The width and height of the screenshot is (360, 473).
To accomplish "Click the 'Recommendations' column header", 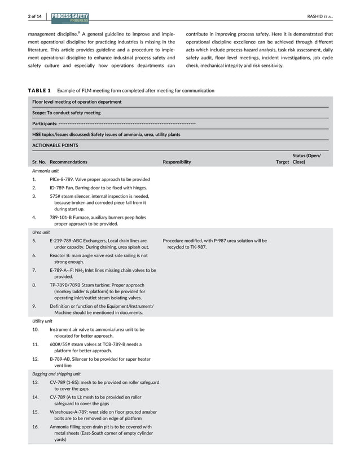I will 68,162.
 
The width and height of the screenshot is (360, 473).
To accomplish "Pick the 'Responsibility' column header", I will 177,162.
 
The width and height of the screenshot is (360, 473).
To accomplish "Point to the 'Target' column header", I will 282,162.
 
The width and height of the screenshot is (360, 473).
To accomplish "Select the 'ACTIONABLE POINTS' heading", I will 55,145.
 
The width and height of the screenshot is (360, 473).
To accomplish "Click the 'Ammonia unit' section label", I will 45,170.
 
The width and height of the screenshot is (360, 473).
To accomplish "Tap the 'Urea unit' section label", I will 41,232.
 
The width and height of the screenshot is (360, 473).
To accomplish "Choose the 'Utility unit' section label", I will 42,321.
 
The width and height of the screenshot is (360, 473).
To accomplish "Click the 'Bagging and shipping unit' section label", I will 56,373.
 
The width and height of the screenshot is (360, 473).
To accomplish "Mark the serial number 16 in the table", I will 36,426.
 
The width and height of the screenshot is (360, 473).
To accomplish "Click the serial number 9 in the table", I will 34,306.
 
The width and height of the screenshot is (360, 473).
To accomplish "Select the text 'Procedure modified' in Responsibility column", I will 183,241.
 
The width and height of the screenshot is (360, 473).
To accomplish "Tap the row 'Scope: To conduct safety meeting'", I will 66,112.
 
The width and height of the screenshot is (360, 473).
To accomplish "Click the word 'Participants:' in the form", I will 45,123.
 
